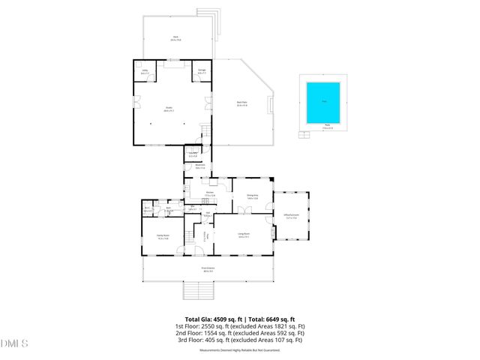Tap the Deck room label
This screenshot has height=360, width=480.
175,37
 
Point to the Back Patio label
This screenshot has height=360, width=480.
242,103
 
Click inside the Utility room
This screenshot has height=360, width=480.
145,72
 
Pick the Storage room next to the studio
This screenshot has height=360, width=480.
201,72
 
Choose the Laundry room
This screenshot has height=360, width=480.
193,155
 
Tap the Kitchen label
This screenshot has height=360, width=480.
210,193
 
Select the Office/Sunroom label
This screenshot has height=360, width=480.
292,216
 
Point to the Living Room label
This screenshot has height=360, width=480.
244,235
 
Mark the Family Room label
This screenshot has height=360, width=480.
162,235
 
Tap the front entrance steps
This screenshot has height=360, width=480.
199,292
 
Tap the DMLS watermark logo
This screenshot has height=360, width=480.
14,344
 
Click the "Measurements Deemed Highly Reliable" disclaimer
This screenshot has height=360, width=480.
238,349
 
